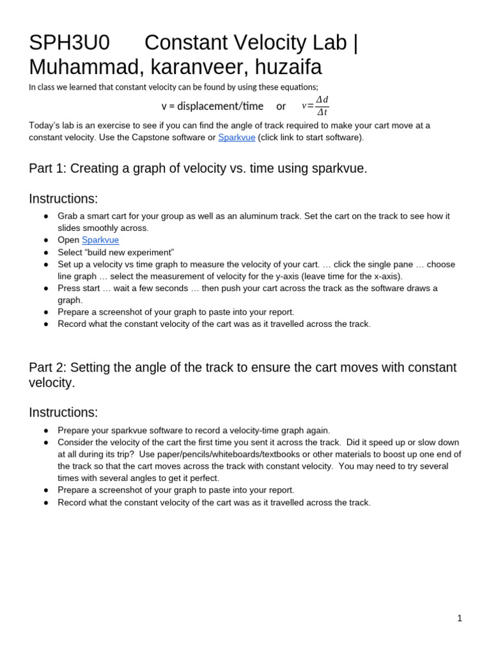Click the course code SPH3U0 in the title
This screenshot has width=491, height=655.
(x=69, y=43)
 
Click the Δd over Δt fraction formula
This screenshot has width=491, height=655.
(x=322, y=106)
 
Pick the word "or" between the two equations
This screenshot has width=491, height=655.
(x=281, y=106)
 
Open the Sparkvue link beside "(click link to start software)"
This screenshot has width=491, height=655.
(x=237, y=138)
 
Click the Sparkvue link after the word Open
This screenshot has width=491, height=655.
(x=100, y=240)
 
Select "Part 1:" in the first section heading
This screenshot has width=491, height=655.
(x=48, y=168)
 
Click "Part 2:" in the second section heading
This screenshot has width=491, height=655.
(x=48, y=368)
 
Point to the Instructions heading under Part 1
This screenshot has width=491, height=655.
(x=63, y=199)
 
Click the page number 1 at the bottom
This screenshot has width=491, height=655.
(x=459, y=618)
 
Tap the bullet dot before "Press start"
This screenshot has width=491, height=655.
(x=46, y=288)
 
